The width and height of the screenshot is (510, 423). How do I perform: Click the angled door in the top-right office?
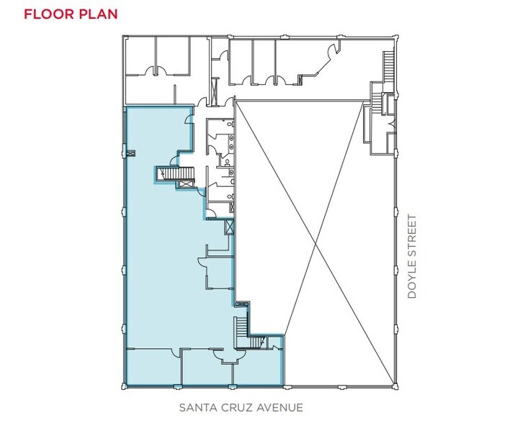[333, 52]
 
